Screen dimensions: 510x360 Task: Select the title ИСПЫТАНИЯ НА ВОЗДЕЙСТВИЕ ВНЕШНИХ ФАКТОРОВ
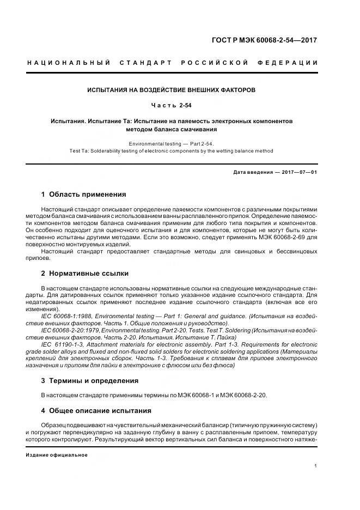click(x=172, y=89)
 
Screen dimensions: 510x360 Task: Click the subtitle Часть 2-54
click(x=172, y=104)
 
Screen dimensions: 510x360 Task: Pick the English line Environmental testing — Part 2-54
click(x=172, y=144)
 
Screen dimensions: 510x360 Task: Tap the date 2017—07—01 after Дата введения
click(x=300, y=172)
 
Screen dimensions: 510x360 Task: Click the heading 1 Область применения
click(x=83, y=194)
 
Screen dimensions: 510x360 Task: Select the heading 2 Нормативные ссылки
click(x=84, y=273)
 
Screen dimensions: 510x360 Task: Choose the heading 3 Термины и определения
click(x=90, y=380)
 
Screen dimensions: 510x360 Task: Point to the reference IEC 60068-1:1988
click(x=64, y=316)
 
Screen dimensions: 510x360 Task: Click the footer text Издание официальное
click(x=57, y=454)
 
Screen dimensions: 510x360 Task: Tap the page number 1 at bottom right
click(x=316, y=466)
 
